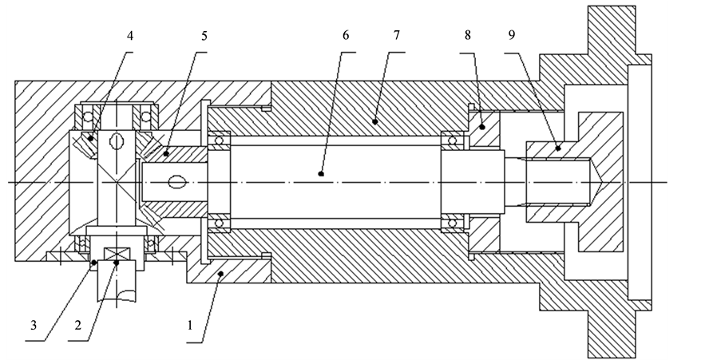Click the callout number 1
click(190, 326)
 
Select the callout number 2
click(77, 326)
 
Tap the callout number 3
click(34, 326)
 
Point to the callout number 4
click(130, 36)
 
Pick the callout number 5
click(204, 36)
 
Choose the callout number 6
click(346, 35)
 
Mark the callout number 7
click(397, 35)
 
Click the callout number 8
click(468, 35)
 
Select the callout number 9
click(512, 35)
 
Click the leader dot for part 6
click(321, 174)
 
